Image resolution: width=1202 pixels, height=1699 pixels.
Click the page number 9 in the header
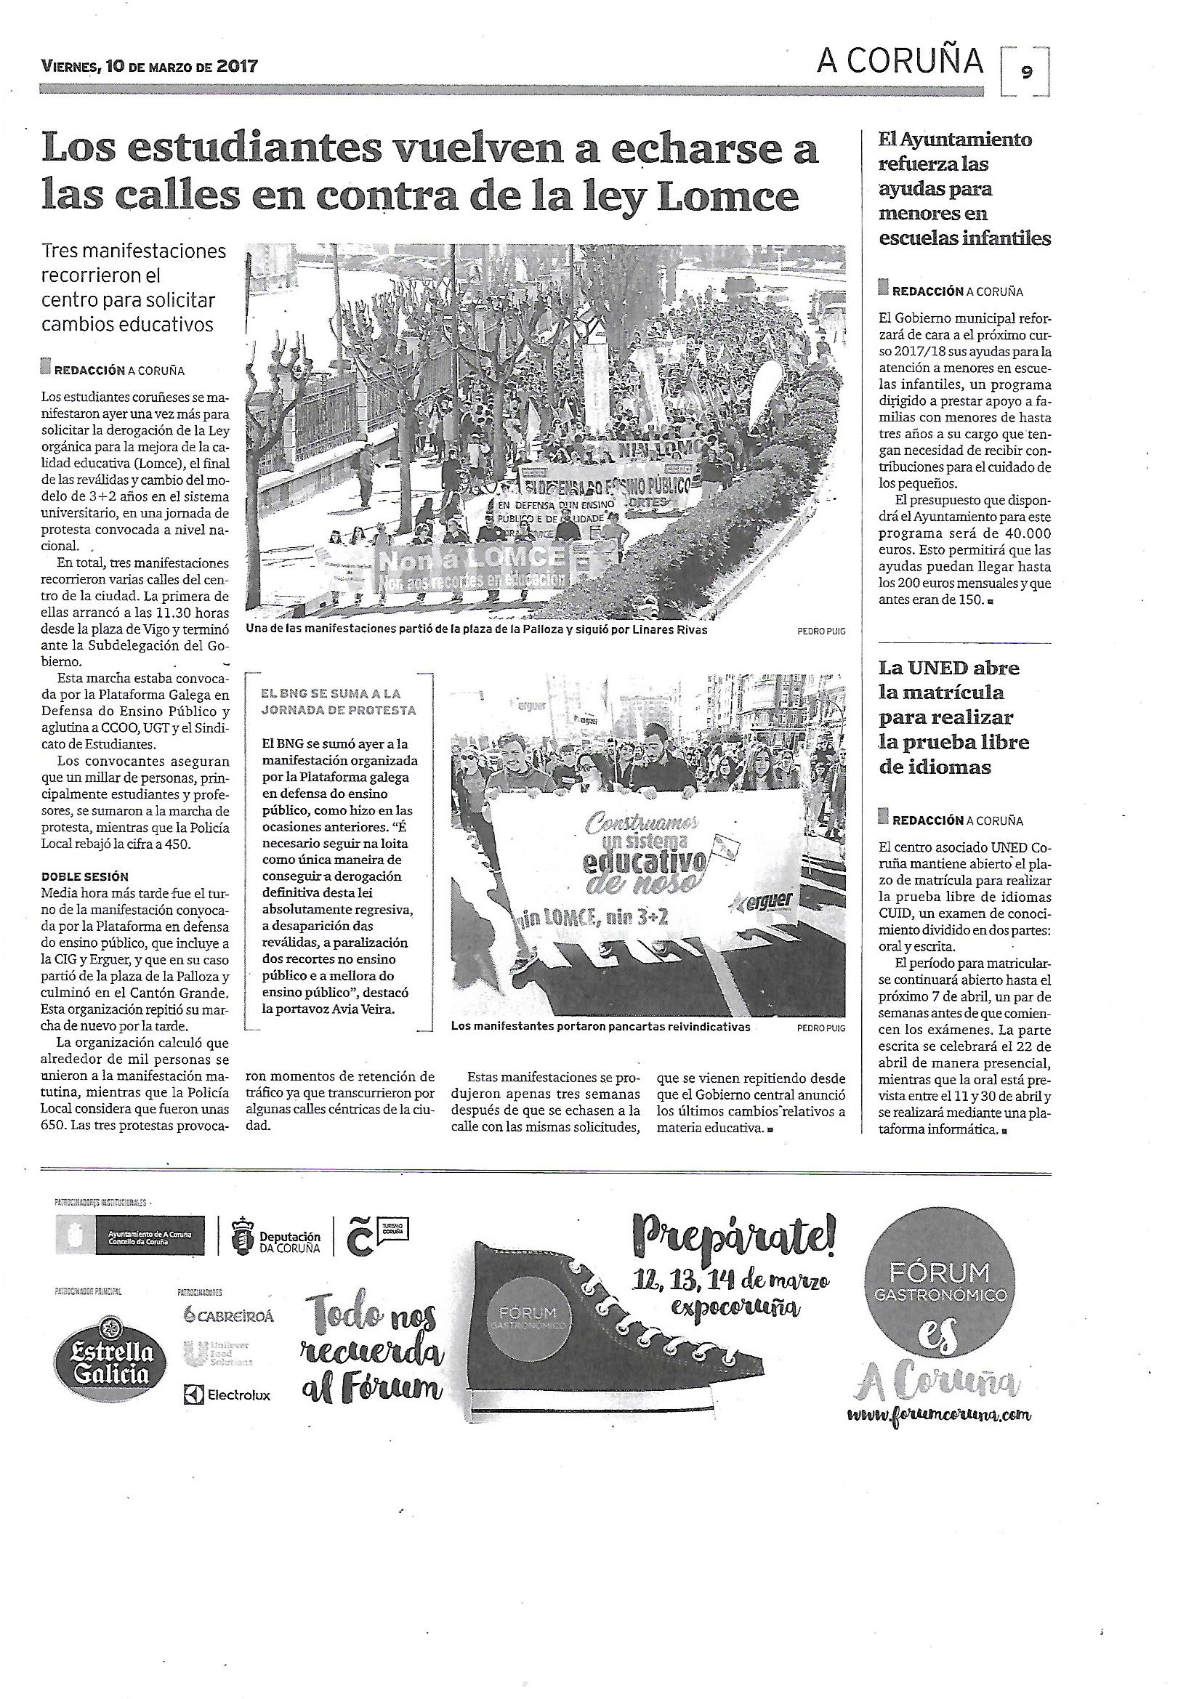tap(1027, 71)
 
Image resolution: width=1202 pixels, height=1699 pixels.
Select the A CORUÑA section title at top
tap(900, 62)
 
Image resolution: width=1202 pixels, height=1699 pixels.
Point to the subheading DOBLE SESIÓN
tap(85, 877)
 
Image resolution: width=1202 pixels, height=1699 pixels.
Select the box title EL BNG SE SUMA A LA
tap(331, 693)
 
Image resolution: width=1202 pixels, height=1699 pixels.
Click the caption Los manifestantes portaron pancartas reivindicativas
tap(600, 1027)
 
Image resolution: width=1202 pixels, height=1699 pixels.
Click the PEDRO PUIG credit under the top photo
tap(820, 631)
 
